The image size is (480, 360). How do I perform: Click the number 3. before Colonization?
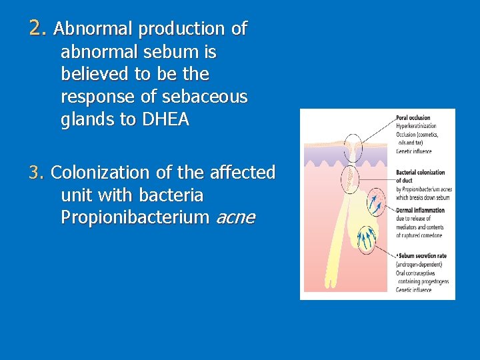point(37,173)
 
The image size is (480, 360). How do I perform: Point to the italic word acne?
point(235,218)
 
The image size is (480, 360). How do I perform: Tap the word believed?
point(96,73)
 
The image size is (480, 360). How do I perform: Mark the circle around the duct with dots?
point(349,177)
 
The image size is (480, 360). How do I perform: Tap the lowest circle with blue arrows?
point(366,241)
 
